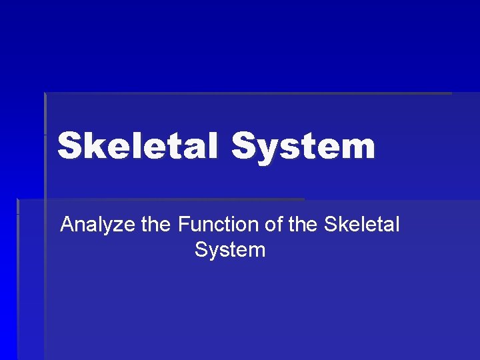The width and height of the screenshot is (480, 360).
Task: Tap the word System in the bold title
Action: (303, 146)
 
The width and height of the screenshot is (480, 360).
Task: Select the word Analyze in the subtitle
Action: (98, 225)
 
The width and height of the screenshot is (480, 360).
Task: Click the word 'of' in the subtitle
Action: (274, 225)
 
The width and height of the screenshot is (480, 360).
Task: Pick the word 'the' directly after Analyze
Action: (156, 225)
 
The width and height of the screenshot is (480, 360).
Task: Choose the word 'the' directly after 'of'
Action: (304, 225)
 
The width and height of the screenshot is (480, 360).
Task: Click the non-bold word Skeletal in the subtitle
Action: (361, 225)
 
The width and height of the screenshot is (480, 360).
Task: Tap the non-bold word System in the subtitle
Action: (230, 250)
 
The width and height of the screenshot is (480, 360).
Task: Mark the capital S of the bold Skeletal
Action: (69, 146)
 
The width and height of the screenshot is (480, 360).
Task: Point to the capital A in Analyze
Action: (67, 225)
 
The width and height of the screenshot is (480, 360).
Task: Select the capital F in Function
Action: (183, 225)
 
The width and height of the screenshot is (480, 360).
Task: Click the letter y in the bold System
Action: (267, 150)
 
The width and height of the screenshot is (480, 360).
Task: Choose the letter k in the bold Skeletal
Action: (93, 146)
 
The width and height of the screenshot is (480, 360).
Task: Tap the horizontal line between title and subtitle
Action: (160, 199)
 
